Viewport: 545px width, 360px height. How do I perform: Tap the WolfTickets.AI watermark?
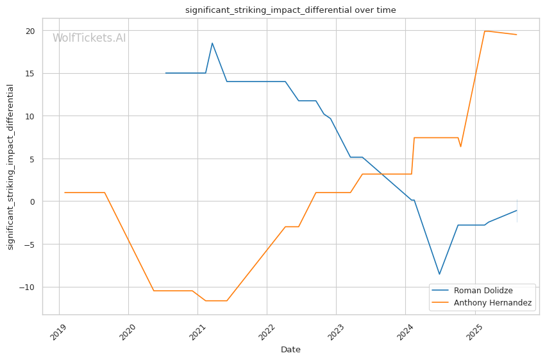tap(89, 39)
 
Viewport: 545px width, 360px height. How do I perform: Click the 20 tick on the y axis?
tap(30, 31)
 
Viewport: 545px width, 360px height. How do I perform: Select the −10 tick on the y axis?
tap(28, 287)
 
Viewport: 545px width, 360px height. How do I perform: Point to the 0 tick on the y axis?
tap(33, 201)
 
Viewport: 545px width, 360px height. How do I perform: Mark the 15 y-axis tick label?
tap(30, 73)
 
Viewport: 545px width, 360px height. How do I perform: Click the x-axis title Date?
tap(290, 350)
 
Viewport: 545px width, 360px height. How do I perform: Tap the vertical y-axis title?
tap(11, 167)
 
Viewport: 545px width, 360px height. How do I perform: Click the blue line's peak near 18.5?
tap(212, 43)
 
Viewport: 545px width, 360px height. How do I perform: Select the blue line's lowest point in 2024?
tap(439, 275)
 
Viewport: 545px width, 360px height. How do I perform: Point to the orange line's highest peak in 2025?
tap(485, 31)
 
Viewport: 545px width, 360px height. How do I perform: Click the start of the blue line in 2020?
tap(165, 73)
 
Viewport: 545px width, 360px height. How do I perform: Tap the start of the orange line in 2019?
tap(65, 193)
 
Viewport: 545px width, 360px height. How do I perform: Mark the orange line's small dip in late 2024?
tap(460, 147)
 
